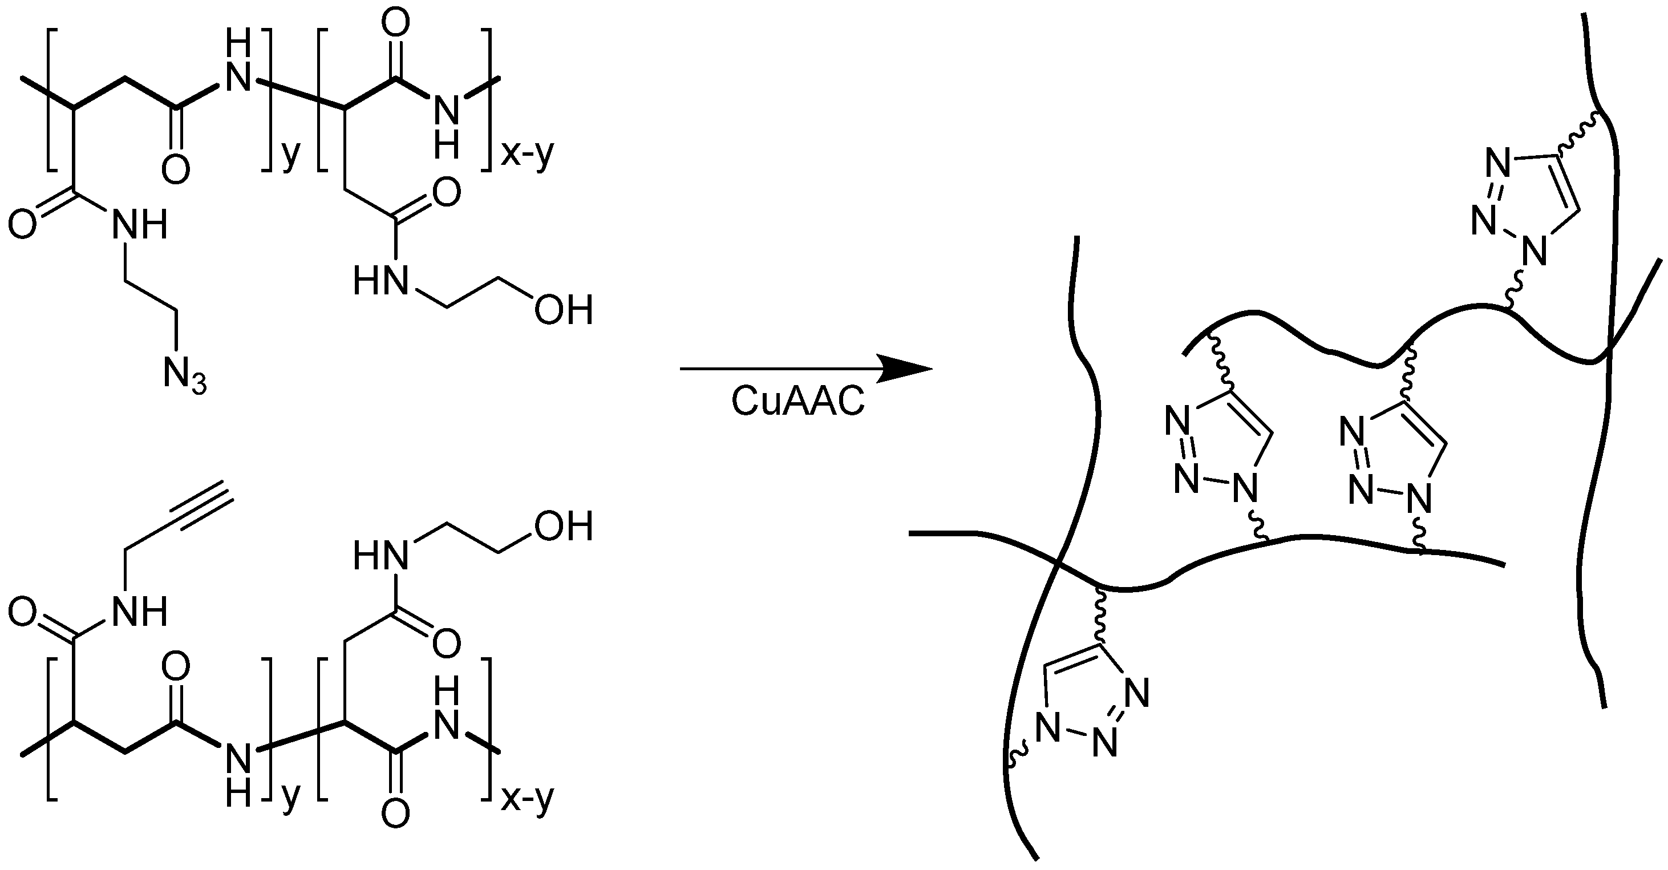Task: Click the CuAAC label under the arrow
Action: coord(797,401)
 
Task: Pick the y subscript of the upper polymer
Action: coord(291,155)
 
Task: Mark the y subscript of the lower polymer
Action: coord(291,796)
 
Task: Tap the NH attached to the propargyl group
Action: coord(140,611)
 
